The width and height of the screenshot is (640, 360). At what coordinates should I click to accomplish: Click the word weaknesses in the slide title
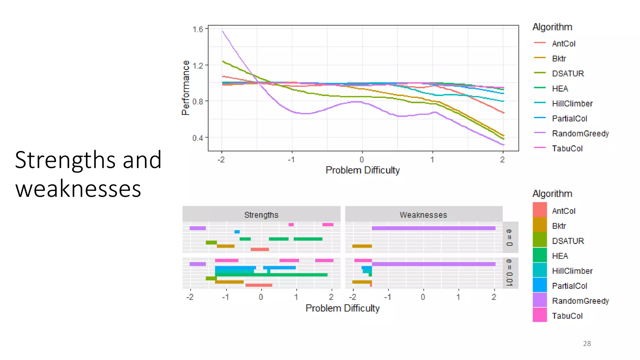pyautogui.click(x=78, y=189)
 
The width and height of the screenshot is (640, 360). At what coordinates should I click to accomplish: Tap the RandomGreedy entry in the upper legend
pyautogui.click(x=580, y=134)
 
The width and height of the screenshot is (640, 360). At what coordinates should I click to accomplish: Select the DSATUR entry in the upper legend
pyautogui.click(x=567, y=74)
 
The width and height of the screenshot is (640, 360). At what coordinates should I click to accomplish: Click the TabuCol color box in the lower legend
pyautogui.click(x=540, y=315)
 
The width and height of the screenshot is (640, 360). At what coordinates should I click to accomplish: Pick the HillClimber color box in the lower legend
pyautogui.click(x=540, y=270)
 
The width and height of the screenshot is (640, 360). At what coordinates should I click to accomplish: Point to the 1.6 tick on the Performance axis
pyautogui.click(x=197, y=29)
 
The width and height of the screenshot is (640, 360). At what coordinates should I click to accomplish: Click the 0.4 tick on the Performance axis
pyautogui.click(x=197, y=138)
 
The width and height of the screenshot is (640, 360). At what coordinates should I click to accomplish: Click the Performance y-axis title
pyautogui.click(x=186, y=88)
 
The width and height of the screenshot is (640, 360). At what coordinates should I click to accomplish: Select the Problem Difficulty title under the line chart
pyautogui.click(x=362, y=170)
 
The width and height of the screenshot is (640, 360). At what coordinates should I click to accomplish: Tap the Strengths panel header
pyautogui.click(x=261, y=215)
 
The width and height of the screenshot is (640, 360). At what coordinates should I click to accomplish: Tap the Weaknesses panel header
pyautogui.click(x=423, y=215)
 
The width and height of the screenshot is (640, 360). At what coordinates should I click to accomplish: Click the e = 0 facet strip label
pyautogui.click(x=509, y=237)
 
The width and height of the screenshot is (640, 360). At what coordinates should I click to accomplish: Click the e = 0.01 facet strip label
pyautogui.click(x=509, y=272)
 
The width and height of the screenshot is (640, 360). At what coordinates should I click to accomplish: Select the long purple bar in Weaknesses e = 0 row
pyautogui.click(x=433, y=228)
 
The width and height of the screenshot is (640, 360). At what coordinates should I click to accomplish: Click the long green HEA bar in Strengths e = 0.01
pyautogui.click(x=271, y=275)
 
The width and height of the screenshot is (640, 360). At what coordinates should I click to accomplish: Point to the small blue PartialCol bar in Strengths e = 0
pyautogui.click(x=237, y=232)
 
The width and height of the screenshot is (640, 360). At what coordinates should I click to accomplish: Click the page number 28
pyautogui.click(x=587, y=343)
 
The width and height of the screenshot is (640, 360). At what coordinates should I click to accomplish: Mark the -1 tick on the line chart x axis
pyautogui.click(x=291, y=160)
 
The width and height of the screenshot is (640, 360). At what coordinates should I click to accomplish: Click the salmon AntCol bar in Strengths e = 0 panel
pyautogui.click(x=260, y=249)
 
